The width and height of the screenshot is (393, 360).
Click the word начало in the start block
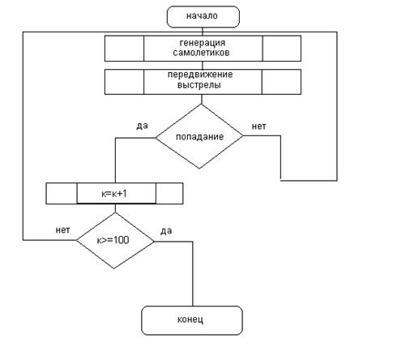coord(202,16)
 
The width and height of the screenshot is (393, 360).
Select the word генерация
coord(203,43)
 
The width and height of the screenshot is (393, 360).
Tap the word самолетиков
coord(201,52)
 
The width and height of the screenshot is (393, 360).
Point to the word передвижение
coord(200,75)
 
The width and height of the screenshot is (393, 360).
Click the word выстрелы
coord(199,84)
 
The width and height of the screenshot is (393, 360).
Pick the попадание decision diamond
coord(199,136)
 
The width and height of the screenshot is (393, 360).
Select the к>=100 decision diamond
coord(115,240)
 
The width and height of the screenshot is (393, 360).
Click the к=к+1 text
coord(114,194)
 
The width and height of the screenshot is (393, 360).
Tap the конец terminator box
coord(192,320)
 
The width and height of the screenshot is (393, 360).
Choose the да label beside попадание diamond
coord(142,126)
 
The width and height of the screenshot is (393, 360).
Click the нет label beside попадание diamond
coord(258,126)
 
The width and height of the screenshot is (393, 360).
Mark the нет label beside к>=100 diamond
coord(62,230)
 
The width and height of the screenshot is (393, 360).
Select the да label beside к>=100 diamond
coord(166,231)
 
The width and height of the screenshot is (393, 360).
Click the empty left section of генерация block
coord(124,49)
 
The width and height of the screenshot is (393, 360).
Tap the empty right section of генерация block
coord(282,49)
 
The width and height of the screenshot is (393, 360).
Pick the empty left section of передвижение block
coord(124,82)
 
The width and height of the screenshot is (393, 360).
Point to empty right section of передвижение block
coord(281,82)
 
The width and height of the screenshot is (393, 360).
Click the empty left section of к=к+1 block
coord(62,194)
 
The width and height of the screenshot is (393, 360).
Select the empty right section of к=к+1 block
coord(169,194)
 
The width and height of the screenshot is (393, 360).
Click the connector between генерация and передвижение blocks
coord(203,65)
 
